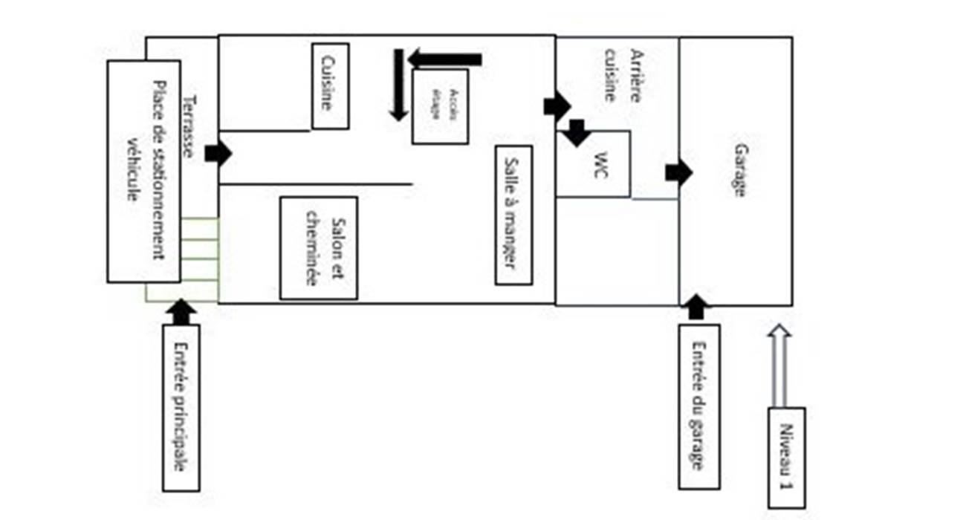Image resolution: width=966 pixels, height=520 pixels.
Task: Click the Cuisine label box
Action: click(331, 85)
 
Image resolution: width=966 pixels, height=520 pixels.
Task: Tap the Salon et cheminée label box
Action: click(319, 248)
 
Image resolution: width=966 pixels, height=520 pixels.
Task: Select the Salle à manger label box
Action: click(513, 215)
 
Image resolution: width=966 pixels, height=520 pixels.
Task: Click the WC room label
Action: click(600, 161)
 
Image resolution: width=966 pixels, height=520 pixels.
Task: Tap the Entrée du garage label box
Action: click(698, 406)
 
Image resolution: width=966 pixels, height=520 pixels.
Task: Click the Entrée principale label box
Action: click(181, 407)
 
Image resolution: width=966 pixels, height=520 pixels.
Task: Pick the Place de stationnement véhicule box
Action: click(144, 171)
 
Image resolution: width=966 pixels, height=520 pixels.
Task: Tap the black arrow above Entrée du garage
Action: click(696, 306)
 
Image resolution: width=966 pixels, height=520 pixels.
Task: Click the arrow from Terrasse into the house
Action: click(218, 152)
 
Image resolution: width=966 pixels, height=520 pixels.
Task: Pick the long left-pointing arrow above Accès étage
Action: click(445, 59)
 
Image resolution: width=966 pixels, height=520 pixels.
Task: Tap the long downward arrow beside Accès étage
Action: click(399, 85)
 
